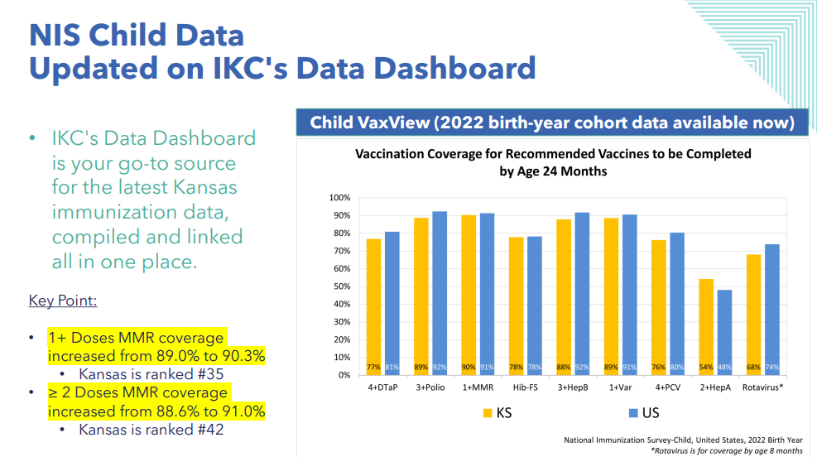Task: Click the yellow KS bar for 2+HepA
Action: pyautogui.click(x=706, y=327)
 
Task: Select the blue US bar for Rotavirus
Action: pyautogui.click(x=772, y=310)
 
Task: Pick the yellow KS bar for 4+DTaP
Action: pyautogui.click(x=373, y=307)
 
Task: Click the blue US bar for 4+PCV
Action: pyautogui.click(x=677, y=304)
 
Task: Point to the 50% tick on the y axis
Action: pyautogui.click(x=342, y=286)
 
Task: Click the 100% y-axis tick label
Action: pyautogui.click(x=339, y=198)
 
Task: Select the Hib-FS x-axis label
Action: pyautogui.click(x=525, y=387)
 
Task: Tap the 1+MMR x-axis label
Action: pyautogui.click(x=478, y=387)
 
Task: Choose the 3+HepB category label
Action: pyautogui.click(x=573, y=387)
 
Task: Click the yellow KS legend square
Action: pyautogui.click(x=488, y=413)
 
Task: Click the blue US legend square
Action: pyautogui.click(x=633, y=413)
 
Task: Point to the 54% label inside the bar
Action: pyautogui.click(x=706, y=368)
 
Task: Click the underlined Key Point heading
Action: pyautogui.click(x=63, y=301)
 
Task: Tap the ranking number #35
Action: pyautogui.click(x=210, y=374)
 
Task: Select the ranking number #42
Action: pyautogui.click(x=210, y=430)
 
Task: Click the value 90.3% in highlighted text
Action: pyautogui.click(x=243, y=356)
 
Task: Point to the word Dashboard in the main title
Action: pyautogui.click(x=455, y=68)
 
